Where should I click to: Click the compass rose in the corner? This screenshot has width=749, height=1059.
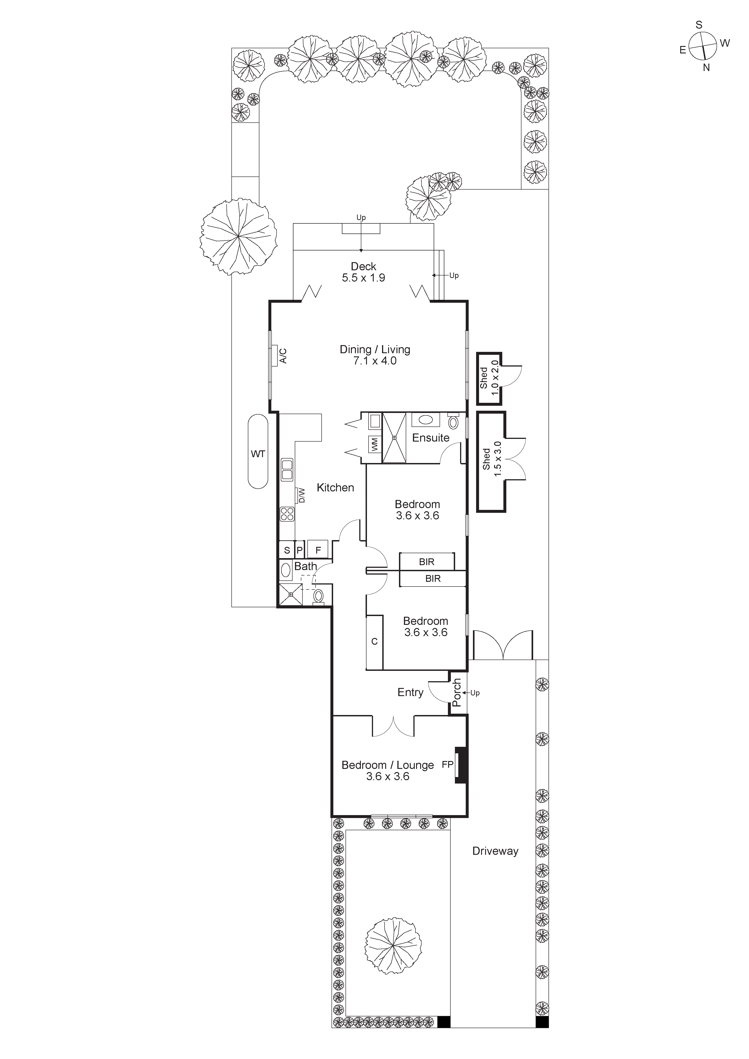[703, 47]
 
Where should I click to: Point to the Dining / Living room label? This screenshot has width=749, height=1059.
[375, 355]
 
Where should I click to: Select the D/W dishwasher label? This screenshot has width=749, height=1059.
[302, 496]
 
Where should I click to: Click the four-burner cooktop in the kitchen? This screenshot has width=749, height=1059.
[287, 514]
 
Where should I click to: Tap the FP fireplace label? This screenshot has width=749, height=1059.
[447, 765]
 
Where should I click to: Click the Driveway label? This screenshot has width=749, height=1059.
[495, 851]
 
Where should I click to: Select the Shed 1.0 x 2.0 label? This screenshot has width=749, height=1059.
[489, 378]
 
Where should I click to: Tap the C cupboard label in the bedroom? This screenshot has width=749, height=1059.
[374, 642]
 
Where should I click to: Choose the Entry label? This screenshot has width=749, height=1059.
[410, 692]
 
